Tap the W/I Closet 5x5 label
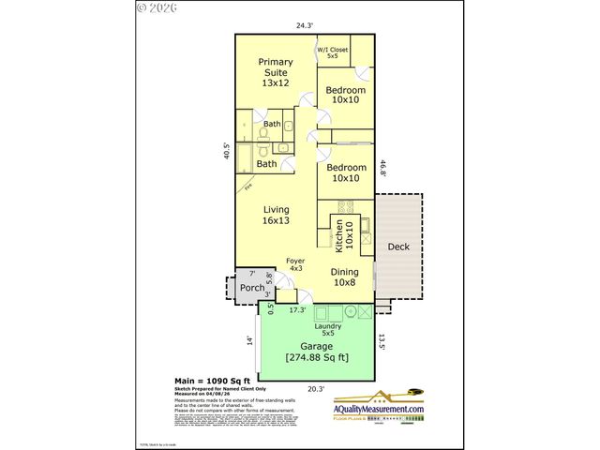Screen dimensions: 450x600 coord(333,52)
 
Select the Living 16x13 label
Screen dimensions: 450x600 coord(276,215)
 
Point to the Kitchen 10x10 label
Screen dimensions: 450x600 coord(345,235)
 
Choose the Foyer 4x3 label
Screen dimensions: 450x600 coord(296,266)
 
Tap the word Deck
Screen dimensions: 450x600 coord(398,247)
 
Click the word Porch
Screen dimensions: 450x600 coord(251,288)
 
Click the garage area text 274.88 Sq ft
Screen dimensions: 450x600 coord(316,356)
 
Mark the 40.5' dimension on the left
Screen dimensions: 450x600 coord(226,152)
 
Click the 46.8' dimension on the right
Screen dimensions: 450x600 coord(382,170)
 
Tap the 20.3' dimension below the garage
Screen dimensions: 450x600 coord(315,388)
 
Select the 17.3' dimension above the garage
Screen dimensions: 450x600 coord(298,308)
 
